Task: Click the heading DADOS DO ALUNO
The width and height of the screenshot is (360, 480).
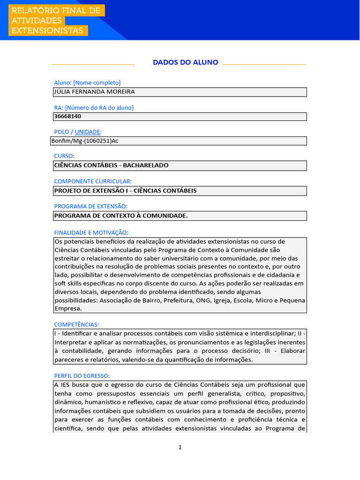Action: coord(185,62)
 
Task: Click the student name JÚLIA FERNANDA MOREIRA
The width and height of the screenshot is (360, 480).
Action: coord(94,92)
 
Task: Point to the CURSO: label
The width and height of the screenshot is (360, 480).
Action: coord(64,156)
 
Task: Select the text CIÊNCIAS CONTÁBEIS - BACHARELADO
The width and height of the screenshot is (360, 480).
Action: coord(111,165)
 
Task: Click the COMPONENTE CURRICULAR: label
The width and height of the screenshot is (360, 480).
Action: coord(93,181)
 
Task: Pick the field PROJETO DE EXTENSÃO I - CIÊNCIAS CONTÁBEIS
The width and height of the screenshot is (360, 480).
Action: coord(125,191)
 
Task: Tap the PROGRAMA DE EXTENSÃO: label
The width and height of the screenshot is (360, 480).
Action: coord(90,206)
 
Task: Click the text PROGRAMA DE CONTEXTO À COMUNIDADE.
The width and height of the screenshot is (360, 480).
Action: coord(121,216)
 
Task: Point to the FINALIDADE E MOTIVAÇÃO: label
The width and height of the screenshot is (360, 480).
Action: coord(91,232)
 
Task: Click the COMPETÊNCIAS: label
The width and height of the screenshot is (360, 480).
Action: coord(76,324)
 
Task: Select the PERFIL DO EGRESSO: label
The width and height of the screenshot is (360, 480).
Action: coord(82,375)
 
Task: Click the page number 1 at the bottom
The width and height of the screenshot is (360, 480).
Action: coord(180,447)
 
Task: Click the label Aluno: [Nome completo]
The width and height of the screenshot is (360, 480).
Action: coord(87,82)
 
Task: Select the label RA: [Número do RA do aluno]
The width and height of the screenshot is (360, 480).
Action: coord(94,107)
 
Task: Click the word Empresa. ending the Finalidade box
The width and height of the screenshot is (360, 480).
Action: coord(68,308)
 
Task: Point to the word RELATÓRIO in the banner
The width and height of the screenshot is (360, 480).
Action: coord(33,10)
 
